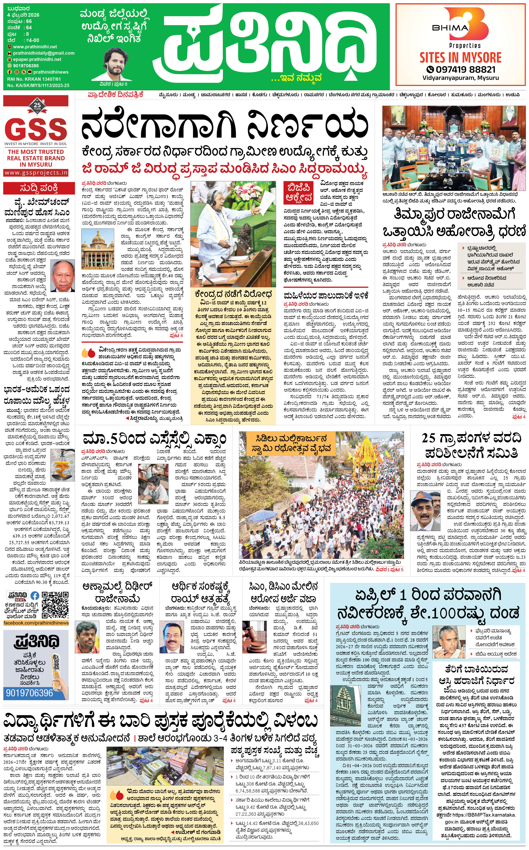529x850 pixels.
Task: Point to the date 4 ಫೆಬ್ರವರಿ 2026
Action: click(23, 15)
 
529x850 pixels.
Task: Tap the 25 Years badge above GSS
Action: click(37, 105)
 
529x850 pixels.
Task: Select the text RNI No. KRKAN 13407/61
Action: click(34, 79)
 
